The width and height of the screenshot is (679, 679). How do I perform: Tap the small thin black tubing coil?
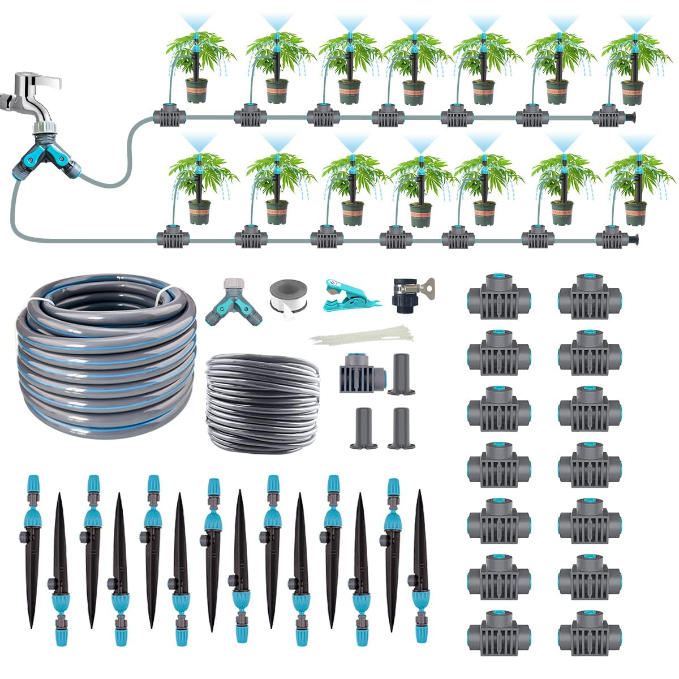click(262, 399)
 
